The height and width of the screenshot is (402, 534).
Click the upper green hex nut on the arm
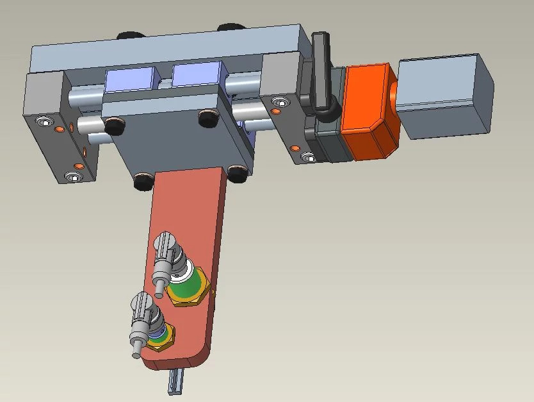click(x=186, y=289)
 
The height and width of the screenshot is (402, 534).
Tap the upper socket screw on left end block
click(x=43, y=122)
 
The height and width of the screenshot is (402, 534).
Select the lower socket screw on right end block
click(x=309, y=157)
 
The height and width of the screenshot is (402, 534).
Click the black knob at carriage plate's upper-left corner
click(x=113, y=127)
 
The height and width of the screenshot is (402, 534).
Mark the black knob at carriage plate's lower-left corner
click(x=143, y=182)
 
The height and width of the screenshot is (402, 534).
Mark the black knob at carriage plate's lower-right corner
click(x=237, y=173)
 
